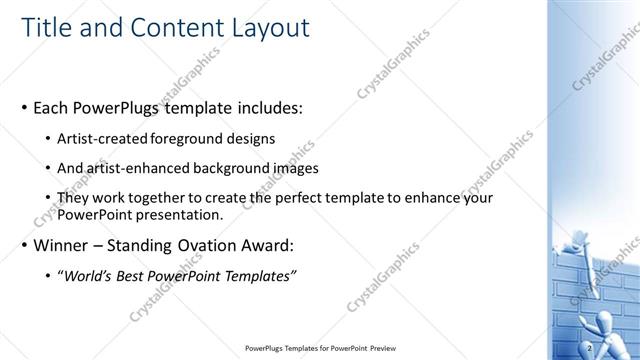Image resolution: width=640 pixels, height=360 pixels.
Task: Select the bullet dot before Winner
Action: coord(23,246)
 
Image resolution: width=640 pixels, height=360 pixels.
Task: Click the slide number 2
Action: coord(591,347)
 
